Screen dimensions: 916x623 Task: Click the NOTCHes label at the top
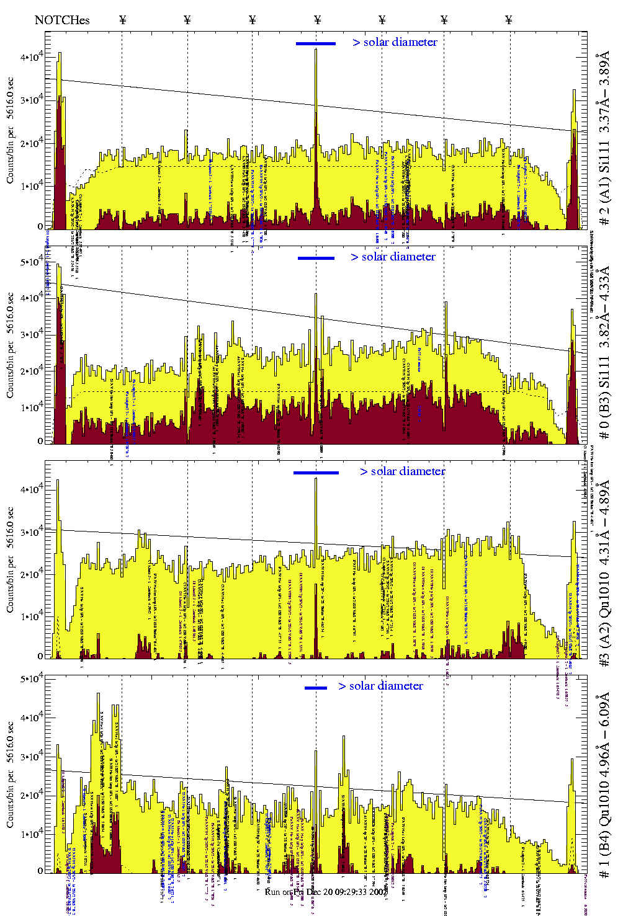pyautogui.click(x=62, y=20)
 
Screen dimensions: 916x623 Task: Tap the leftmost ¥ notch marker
pyautogui.click(x=122, y=20)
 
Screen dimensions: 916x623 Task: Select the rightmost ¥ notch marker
pyautogui.click(x=509, y=20)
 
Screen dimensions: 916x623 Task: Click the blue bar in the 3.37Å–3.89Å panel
pyautogui.click(x=316, y=43)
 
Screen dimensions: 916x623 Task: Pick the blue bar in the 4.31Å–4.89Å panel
pyautogui.click(x=316, y=473)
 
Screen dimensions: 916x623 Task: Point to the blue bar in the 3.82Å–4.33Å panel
pyautogui.click(x=316, y=258)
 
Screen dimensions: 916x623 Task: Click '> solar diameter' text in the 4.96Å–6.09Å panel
pyautogui.click(x=380, y=686)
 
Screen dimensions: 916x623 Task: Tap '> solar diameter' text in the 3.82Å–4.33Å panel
pyautogui.click(x=393, y=257)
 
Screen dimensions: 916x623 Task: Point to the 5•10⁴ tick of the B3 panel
pyautogui.click(x=30, y=262)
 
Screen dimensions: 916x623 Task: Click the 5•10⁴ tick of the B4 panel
pyautogui.click(x=30, y=679)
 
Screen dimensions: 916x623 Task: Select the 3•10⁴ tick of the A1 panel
pyautogui.click(x=30, y=100)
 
